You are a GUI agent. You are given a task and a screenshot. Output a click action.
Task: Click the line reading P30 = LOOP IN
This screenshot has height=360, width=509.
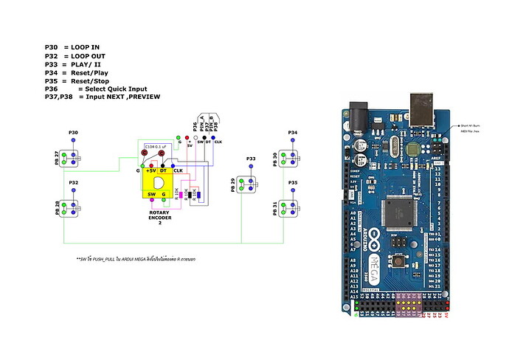pyautogui.click(x=72, y=47)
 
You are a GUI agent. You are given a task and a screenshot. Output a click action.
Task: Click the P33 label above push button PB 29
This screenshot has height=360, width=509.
pyautogui.click(x=251, y=159)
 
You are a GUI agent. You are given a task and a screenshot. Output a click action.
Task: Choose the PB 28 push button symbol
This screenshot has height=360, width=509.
pyautogui.click(x=71, y=207)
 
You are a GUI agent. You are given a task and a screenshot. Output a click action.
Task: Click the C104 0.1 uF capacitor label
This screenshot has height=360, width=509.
pyautogui.click(x=156, y=148)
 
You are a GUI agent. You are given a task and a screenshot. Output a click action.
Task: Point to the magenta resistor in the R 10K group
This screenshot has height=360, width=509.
pyautogui.click(x=179, y=193)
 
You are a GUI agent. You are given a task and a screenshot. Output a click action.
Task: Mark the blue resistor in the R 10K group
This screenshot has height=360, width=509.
pyautogui.click(x=198, y=195)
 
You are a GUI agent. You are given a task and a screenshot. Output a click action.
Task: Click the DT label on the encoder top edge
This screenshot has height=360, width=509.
pyautogui.click(x=163, y=170)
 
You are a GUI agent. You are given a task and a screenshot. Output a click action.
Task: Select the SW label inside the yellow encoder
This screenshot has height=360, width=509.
pyautogui.click(x=150, y=193)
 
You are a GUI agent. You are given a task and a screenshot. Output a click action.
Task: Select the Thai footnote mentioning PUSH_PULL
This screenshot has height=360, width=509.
pyautogui.click(x=139, y=260)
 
